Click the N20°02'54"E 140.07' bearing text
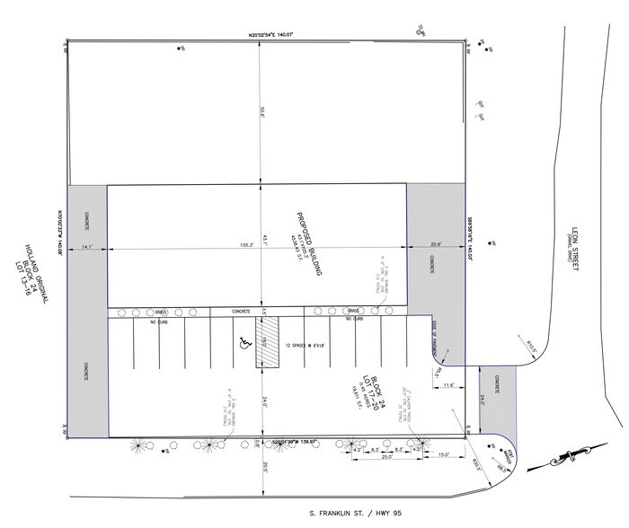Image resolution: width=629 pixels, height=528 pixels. [x=271, y=34]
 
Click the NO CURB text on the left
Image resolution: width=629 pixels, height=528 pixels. [x=160, y=321]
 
